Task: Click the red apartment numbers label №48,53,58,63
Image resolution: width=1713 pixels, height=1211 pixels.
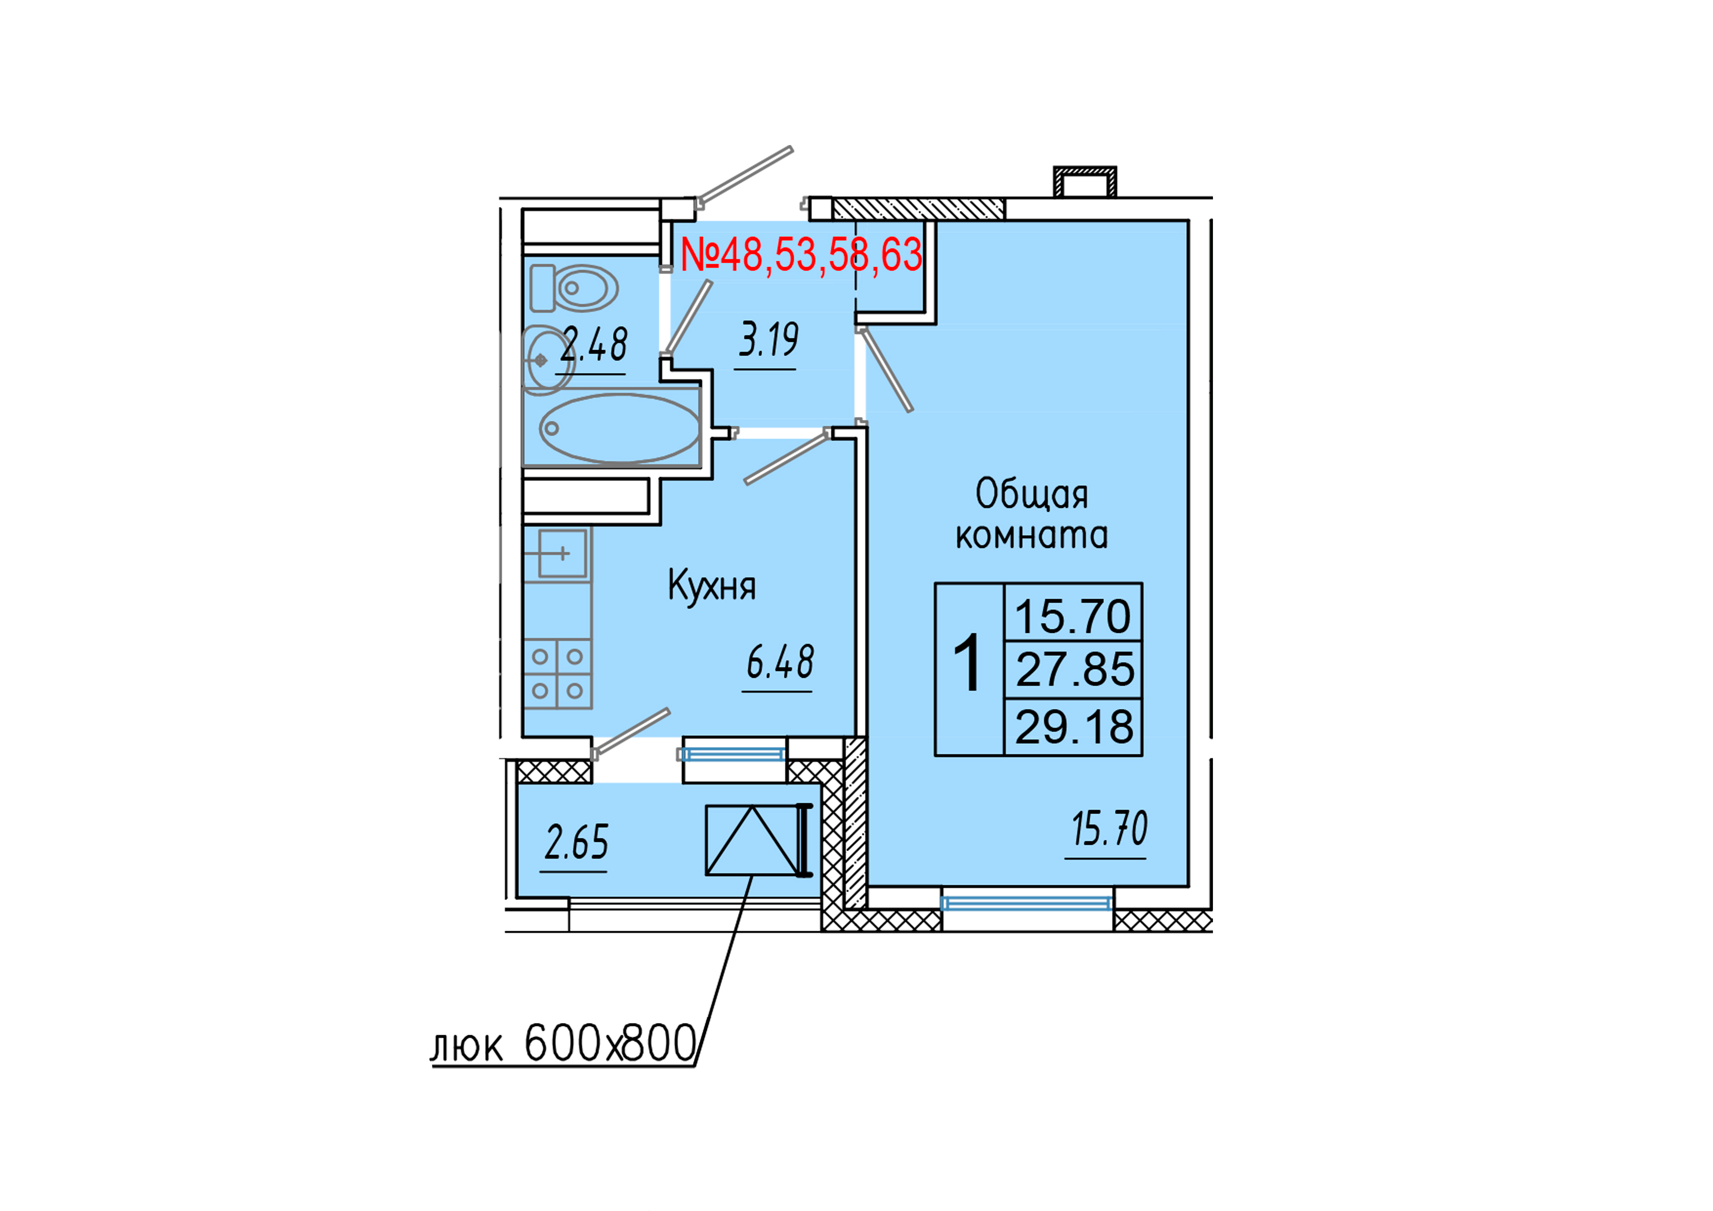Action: click(801, 255)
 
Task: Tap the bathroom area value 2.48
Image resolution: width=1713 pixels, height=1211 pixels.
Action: click(594, 345)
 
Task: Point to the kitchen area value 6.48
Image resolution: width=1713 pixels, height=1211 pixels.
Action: click(780, 663)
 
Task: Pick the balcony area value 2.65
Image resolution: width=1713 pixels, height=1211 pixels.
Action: click(576, 842)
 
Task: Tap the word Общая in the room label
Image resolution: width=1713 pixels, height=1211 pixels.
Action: click(1032, 494)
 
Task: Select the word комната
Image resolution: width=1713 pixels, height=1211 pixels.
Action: click(1032, 536)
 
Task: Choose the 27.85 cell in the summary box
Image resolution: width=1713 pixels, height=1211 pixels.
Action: click(1074, 669)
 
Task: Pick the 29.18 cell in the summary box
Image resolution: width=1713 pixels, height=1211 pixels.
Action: click(1074, 727)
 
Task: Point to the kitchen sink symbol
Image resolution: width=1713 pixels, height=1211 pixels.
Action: click(562, 554)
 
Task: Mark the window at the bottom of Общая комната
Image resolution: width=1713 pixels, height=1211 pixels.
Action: click(1026, 903)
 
